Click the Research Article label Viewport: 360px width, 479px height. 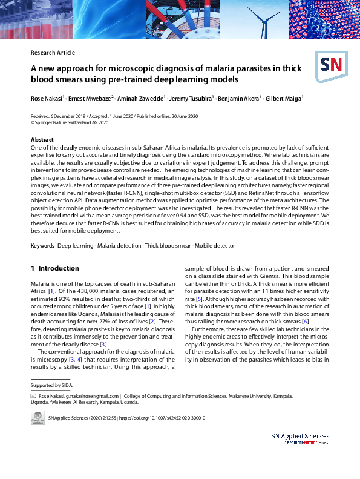coord(53,53)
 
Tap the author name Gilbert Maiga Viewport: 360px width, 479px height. coord(285,98)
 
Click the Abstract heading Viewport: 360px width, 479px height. coord(42,140)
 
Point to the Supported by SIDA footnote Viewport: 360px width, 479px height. coord(50,385)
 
